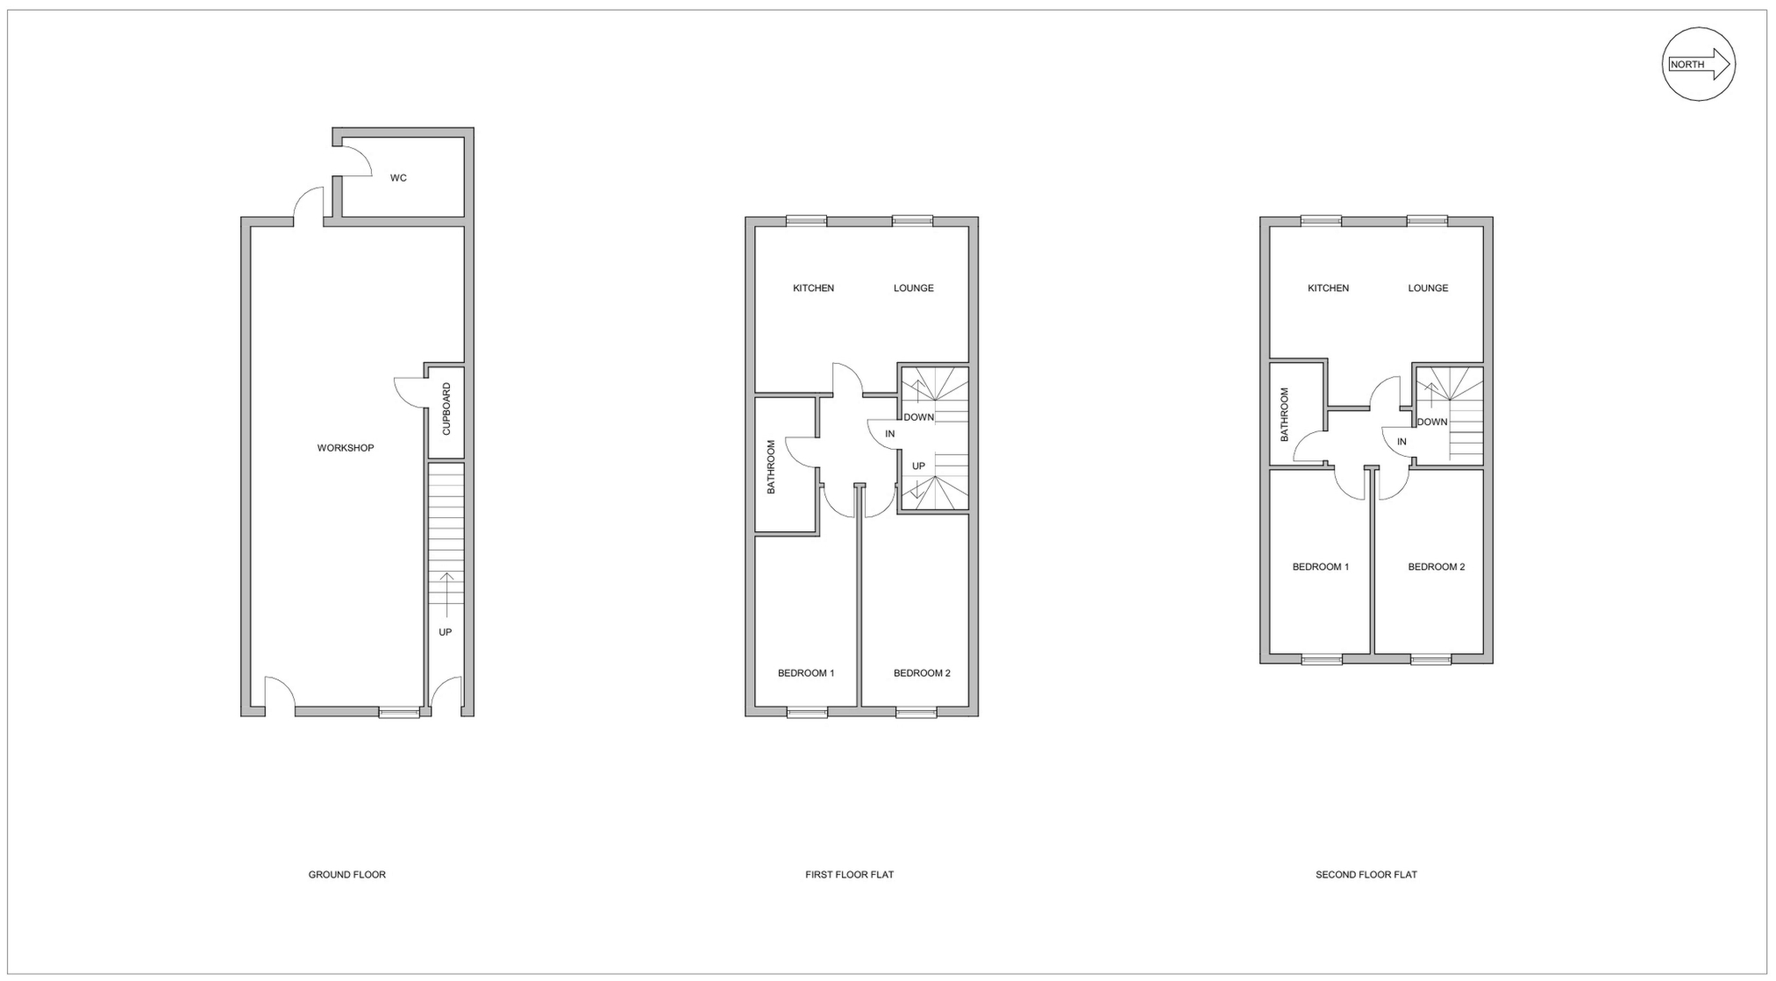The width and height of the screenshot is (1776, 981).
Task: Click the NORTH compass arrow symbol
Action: click(x=1699, y=64)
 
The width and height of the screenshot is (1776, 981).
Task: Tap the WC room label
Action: click(x=398, y=178)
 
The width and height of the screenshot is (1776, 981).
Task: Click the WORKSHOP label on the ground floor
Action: click(x=346, y=448)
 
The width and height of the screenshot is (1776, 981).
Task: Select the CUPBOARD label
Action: click(x=446, y=409)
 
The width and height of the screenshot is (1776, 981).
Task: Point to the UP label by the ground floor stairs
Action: click(x=446, y=632)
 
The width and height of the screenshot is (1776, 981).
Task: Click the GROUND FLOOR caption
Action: click(x=346, y=874)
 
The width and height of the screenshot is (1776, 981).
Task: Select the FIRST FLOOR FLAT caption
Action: click(x=849, y=874)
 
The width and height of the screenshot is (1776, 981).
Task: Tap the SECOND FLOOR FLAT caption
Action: click(x=1366, y=874)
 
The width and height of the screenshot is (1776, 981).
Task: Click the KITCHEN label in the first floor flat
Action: click(x=813, y=288)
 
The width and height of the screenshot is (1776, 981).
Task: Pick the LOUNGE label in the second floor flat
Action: click(x=1428, y=288)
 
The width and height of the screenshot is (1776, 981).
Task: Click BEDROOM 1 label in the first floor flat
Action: click(x=805, y=673)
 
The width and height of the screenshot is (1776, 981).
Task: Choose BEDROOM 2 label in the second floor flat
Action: click(x=1436, y=567)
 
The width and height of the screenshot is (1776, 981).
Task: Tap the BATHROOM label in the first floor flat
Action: click(x=772, y=467)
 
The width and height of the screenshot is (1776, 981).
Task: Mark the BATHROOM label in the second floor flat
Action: click(x=1285, y=415)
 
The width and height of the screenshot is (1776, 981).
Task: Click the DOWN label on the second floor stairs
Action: click(x=1432, y=422)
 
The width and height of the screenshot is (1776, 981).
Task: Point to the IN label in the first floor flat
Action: click(x=890, y=434)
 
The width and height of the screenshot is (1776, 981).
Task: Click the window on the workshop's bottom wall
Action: click(x=399, y=713)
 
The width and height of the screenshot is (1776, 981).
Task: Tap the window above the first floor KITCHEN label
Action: click(x=806, y=221)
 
